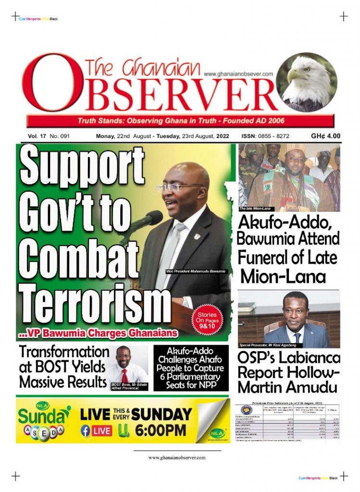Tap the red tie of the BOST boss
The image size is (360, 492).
point(125,376)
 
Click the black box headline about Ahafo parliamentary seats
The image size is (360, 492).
point(191,368)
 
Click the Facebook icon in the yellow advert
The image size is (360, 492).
point(86,431)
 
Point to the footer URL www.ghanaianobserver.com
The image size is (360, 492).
point(177,457)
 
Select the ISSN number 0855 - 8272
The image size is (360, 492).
point(273,136)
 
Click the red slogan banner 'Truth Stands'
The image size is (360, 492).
point(181,120)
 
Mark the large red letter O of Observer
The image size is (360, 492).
point(46,83)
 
